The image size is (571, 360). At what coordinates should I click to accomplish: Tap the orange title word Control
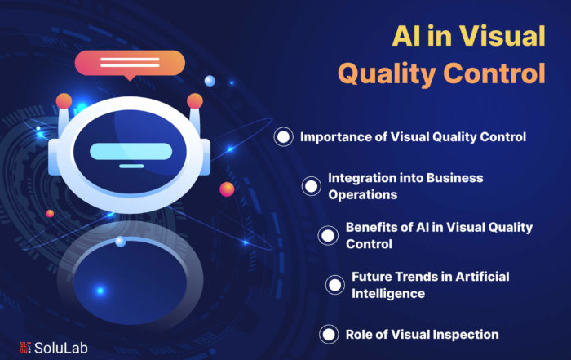point(494,73)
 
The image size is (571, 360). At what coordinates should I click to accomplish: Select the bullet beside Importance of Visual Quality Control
point(283,137)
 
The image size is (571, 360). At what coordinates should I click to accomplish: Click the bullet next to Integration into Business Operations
point(311,186)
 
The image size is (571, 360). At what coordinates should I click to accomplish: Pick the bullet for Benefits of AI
point(328,235)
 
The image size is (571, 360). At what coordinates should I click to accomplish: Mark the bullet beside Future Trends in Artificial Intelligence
point(334,285)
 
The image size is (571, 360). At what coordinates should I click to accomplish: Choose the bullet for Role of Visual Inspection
point(329,335)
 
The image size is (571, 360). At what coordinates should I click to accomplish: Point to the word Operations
point(363,194)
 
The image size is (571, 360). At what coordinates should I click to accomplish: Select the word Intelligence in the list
point(388,294)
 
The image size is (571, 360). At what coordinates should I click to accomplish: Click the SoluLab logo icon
point(25,348)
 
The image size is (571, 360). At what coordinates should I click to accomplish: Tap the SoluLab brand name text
point(61,348)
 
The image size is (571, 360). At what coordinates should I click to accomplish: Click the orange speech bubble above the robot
point(130,64)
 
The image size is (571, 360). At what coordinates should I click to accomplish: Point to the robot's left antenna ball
point(64,101)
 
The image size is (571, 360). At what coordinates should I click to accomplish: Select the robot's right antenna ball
point(195,101)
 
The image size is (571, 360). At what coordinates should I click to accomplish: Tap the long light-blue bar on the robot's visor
point(131,152)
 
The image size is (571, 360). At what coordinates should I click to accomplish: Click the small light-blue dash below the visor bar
point(131,167)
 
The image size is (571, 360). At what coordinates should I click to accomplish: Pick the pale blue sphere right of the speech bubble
point(210,81)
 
